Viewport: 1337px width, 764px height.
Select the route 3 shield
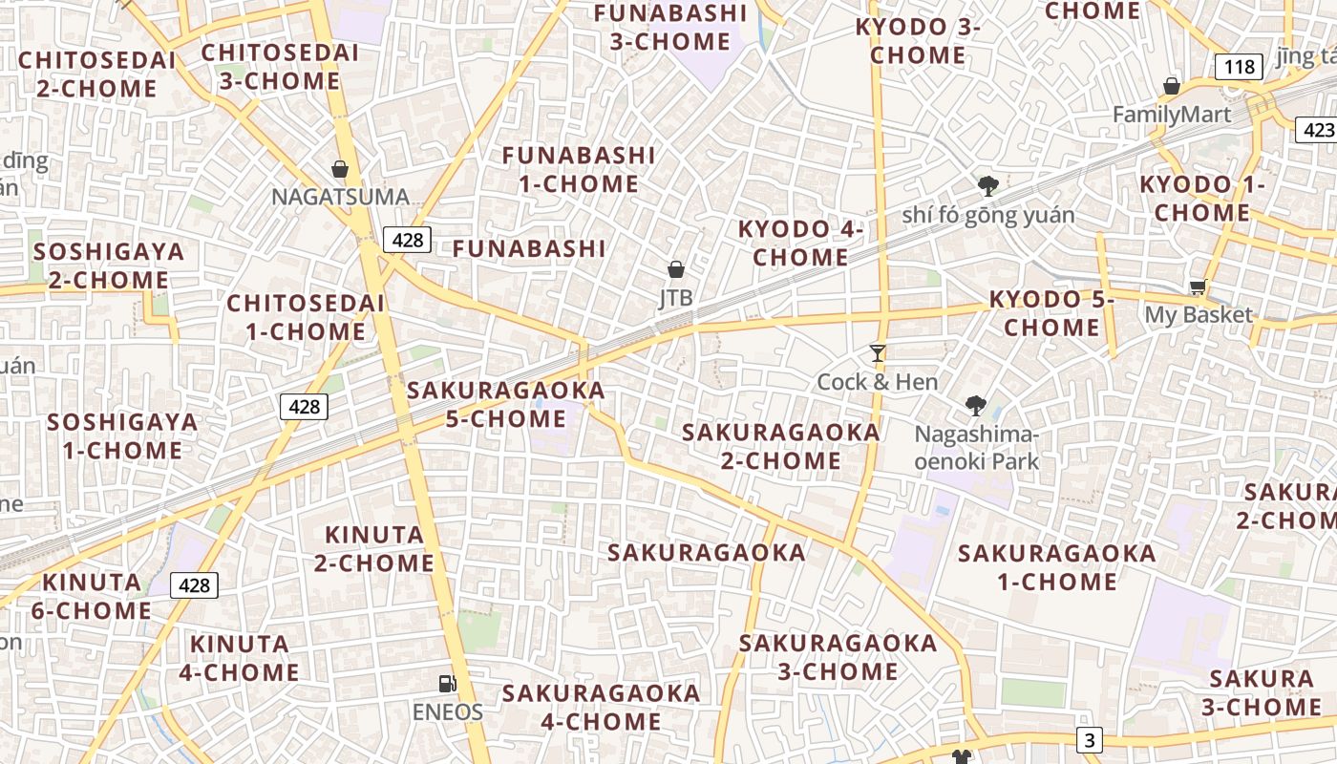click(1091, 739)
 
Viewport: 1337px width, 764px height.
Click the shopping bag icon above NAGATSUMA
click(339, 169)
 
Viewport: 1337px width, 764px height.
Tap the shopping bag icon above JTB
click(676, 269)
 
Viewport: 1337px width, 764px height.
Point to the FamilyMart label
click(1172, 115)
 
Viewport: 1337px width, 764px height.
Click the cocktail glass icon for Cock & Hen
click(878, 353)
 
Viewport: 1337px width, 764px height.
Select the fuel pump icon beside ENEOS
click(446, 683)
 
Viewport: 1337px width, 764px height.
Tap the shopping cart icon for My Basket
click(1198, 286)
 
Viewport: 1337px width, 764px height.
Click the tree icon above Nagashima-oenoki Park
click(975, 406)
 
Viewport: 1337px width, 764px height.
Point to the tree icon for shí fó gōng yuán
click(987, 185)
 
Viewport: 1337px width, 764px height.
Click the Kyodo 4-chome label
click(800, 244)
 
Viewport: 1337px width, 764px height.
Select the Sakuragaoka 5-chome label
click(506, 404)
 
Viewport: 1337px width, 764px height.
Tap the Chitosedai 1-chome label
click(306, 317)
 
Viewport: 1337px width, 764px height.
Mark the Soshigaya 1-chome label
click(122, 435)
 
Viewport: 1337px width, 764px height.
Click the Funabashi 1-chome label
click(579, 169)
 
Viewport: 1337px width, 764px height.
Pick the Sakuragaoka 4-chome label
click(602, 707)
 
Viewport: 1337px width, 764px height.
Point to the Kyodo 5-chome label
click(1051, 313)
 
